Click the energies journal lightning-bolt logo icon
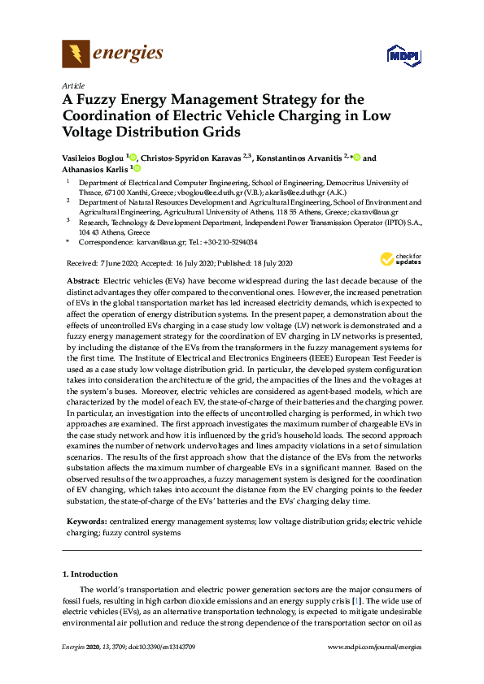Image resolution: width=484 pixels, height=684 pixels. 76,54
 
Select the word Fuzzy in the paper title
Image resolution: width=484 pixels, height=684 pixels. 98,99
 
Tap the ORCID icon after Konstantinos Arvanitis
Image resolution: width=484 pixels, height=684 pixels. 357,158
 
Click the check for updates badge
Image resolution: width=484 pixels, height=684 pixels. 395,259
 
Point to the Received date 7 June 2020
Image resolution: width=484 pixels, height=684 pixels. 107,263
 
